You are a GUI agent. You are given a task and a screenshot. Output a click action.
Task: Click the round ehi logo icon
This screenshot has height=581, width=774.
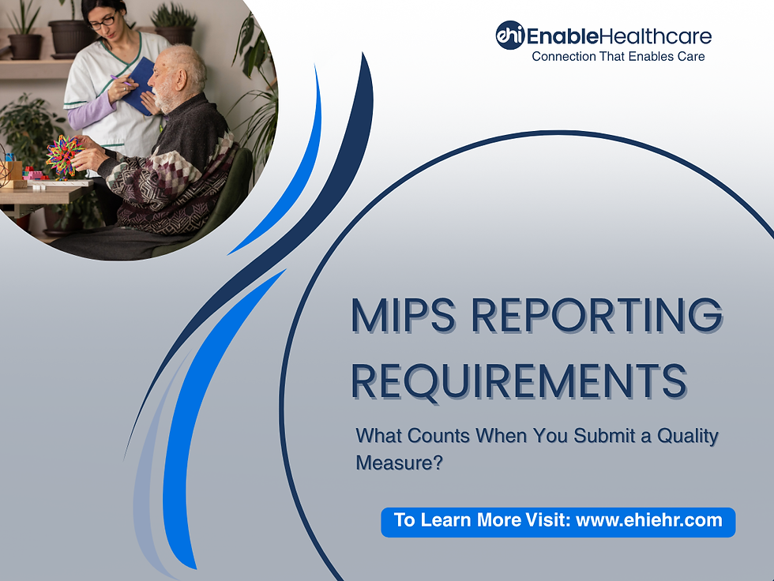pos(509,36)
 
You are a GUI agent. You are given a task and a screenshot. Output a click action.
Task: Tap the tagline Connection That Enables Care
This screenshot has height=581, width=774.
pos(618,57)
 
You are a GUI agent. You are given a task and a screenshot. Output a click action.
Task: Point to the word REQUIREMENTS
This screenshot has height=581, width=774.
pos(518,380)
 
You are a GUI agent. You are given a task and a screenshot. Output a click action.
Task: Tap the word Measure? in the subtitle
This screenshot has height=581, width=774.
pos(399,463)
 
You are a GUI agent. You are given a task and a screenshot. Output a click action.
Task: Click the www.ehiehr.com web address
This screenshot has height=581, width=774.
pos(648,520)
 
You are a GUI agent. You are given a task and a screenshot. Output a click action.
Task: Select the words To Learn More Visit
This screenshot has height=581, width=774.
pos(482,520)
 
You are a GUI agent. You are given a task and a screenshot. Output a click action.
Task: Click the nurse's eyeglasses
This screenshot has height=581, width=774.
pos(103,21)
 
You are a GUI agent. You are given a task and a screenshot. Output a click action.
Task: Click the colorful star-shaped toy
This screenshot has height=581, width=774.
pos(63,156)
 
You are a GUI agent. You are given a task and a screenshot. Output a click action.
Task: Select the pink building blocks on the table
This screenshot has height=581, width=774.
pos(36,174)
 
